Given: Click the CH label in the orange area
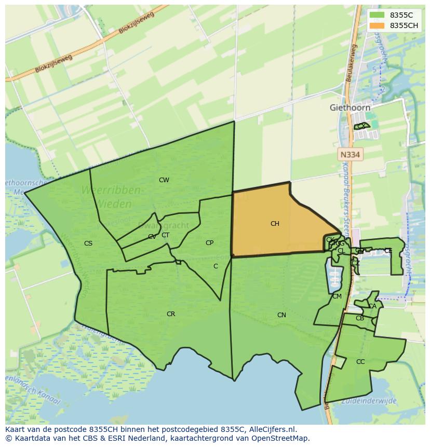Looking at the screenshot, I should pos(275,224).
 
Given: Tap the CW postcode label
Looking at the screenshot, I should pos(164,180).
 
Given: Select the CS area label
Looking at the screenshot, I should pos(88,243).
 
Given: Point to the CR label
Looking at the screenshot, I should pos(171,314).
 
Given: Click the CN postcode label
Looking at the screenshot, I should pos(281,315).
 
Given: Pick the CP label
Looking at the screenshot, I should pos(209,243).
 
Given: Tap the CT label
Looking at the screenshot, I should pos(165,235).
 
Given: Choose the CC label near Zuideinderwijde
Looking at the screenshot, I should pos(360,362).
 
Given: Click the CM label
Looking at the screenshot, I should pos(337,296).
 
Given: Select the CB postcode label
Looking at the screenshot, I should pos(360,318).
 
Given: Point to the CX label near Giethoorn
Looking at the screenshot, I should pos(361,126).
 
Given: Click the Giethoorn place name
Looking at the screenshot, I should pos(350,108).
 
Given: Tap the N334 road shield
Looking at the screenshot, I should pos(350,155).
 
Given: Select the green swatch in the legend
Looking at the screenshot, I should pos(378,15).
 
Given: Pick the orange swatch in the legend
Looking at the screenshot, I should pos(378,25).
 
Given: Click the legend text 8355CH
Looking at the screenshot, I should pos(404,25).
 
